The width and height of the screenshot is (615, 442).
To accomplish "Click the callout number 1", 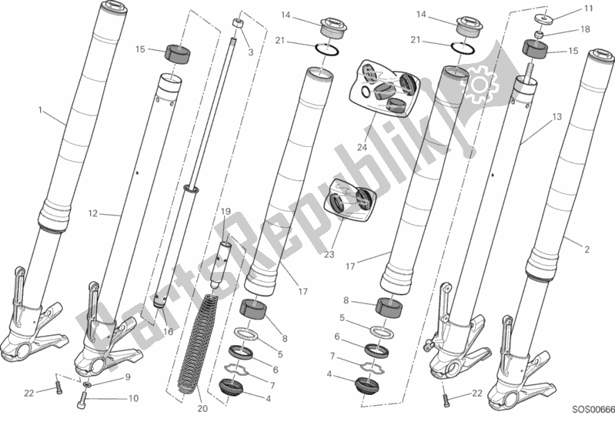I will point(40,110).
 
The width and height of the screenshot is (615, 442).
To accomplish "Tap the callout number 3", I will point(250,52).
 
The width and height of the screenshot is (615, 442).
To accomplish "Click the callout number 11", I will point(588,9).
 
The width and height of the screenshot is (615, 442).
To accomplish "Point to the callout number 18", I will point(585,28).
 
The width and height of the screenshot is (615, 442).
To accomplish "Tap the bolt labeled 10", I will point(84,398).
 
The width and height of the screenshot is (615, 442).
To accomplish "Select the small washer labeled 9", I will point(87,383).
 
